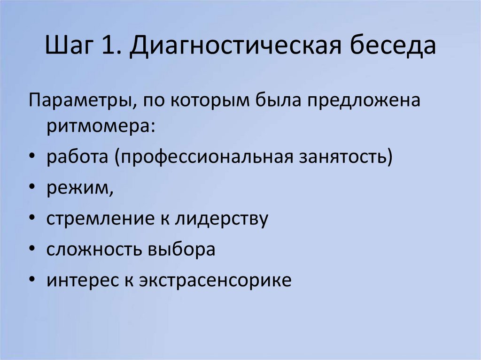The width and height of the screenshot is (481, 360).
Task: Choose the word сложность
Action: pos(93,250)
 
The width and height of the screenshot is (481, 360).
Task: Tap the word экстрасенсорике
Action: pos(215,280)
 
